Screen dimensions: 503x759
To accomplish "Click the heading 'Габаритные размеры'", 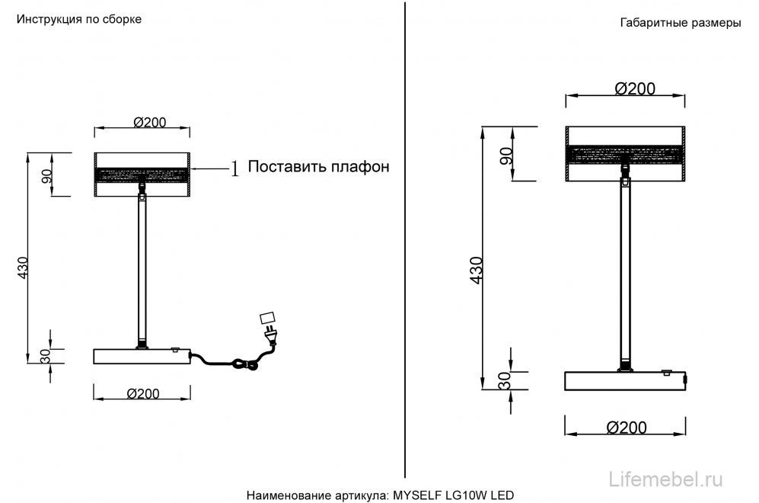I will tap(681, 23).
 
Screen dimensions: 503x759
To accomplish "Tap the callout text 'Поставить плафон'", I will tap(319, 167).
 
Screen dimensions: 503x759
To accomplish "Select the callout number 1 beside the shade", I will tap(234, 168).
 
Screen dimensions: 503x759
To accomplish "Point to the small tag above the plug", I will tap(266, 316).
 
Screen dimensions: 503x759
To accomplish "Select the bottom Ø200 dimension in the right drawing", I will tap(626, 428).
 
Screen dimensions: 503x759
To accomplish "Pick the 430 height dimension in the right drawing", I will tap(476, 271).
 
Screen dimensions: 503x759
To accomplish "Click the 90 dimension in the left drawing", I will tap(46, 175).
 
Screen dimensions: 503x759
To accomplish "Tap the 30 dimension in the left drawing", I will tap(45, 355).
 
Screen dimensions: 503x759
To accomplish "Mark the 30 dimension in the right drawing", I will tap(505, 380).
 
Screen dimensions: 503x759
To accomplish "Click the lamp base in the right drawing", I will tap(626, 380).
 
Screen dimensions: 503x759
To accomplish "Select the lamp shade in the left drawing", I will tap(142, 175).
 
